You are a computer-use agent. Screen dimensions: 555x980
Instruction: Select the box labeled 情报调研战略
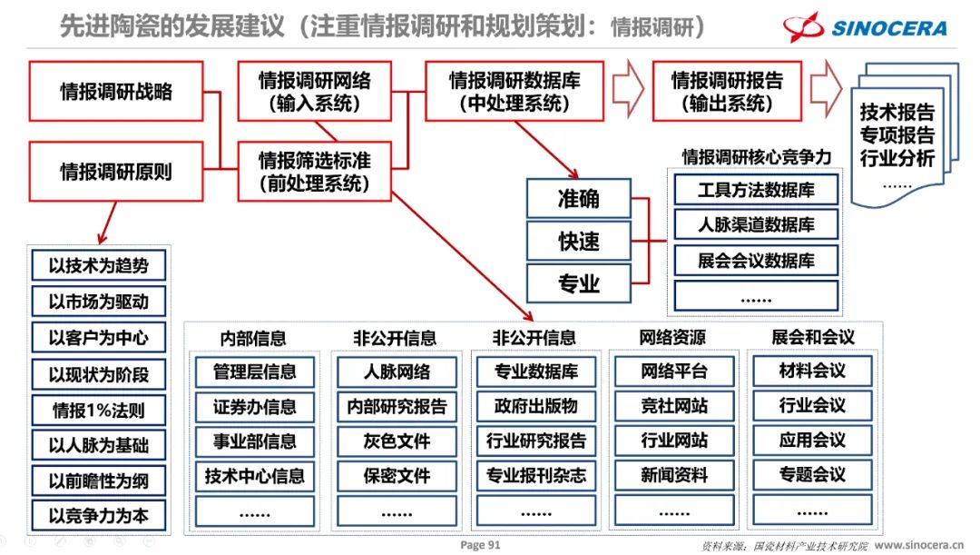point(116,91)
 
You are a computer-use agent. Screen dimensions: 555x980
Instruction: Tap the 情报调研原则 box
point(116,170)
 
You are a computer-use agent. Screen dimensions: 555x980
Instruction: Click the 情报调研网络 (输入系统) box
point(314,91)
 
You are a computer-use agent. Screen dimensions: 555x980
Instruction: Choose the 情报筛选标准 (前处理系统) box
point(314,171)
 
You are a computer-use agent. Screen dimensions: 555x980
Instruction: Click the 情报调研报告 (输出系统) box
point(727,91)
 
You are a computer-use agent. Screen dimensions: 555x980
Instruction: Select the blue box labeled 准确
point(578,198)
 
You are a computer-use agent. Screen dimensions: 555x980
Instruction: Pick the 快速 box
point(578,241)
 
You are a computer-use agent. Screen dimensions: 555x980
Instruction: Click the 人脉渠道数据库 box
point(756,224)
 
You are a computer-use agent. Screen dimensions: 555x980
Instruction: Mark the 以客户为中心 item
point(98,338)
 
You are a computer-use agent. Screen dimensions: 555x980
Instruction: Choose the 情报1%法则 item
point(98,409)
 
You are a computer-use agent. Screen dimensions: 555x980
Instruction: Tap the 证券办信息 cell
point(255,406)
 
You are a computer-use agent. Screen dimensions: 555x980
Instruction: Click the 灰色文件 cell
point(397,441)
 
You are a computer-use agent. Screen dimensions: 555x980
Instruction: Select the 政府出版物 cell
point(535,406)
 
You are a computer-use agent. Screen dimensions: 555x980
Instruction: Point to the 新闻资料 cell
point(674,475)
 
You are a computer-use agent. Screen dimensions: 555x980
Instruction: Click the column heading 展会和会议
point(813,337)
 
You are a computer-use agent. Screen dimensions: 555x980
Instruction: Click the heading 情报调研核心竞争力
point(756,156)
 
